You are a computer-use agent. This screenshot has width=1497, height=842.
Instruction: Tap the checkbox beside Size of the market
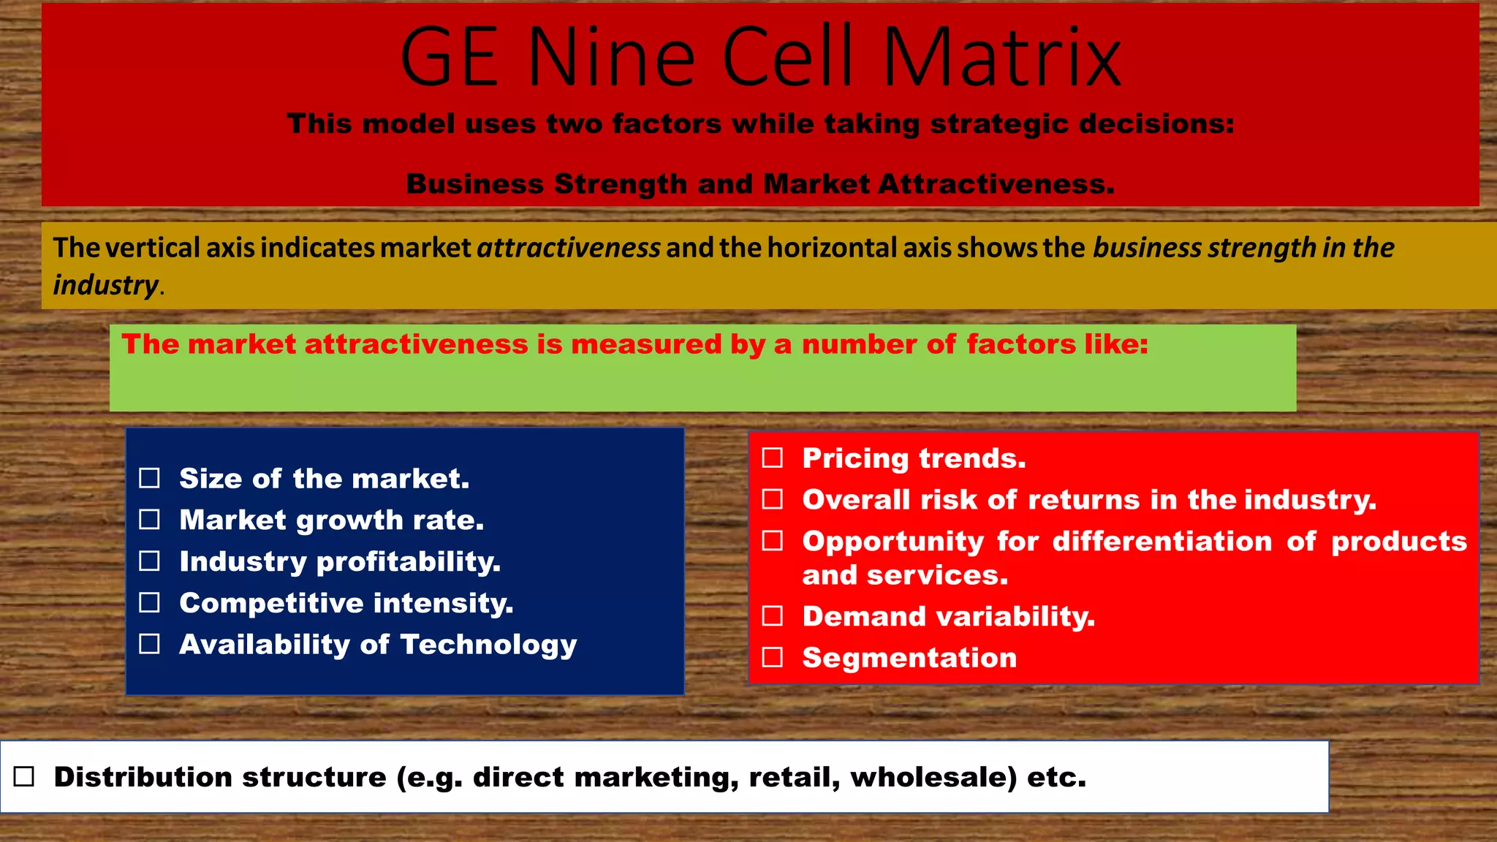point(150,478)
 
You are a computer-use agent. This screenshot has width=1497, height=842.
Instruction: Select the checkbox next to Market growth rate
point(150,520)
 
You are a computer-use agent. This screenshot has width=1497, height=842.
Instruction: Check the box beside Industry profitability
point(150,561)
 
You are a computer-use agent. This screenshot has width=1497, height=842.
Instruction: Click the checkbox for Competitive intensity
point(150,603)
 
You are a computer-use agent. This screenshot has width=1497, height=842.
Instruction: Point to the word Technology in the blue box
point(488,645)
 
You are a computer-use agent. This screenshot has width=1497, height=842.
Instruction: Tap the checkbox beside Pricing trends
point(773,458)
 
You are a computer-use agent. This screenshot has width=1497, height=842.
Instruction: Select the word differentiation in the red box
point(1162,542)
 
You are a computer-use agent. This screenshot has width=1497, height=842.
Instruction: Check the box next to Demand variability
point(773,616)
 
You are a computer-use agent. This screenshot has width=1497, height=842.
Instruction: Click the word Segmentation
point(909,658)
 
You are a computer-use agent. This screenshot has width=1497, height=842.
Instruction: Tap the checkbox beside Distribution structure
point(24,776)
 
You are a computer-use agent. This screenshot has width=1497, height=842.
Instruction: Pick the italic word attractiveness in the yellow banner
point(569,248)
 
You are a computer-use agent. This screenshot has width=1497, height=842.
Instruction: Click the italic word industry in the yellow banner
point(105,285)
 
